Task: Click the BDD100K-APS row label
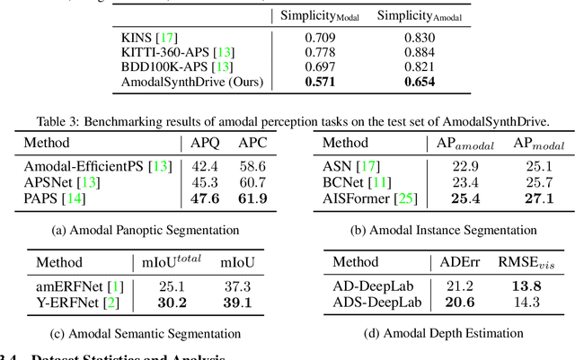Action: [164, 67]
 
